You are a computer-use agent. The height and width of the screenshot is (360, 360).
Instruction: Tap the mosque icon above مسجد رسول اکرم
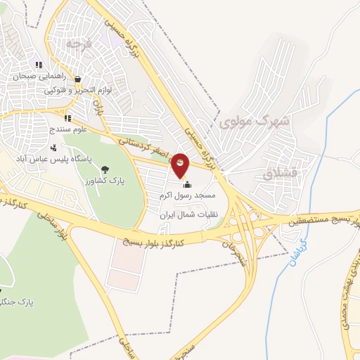(x=186, y=184)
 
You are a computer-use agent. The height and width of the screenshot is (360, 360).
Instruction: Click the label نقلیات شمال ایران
(x=188, y=214)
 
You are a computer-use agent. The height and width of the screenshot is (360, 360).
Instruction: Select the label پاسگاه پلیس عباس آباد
(x=47, y=159)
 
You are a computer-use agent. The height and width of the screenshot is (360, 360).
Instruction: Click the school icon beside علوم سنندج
(x=67, y=119)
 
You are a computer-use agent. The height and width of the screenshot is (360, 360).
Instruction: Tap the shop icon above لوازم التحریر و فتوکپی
(x=77, y=79)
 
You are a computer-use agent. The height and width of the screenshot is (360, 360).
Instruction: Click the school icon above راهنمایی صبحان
(x=39, y=65)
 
